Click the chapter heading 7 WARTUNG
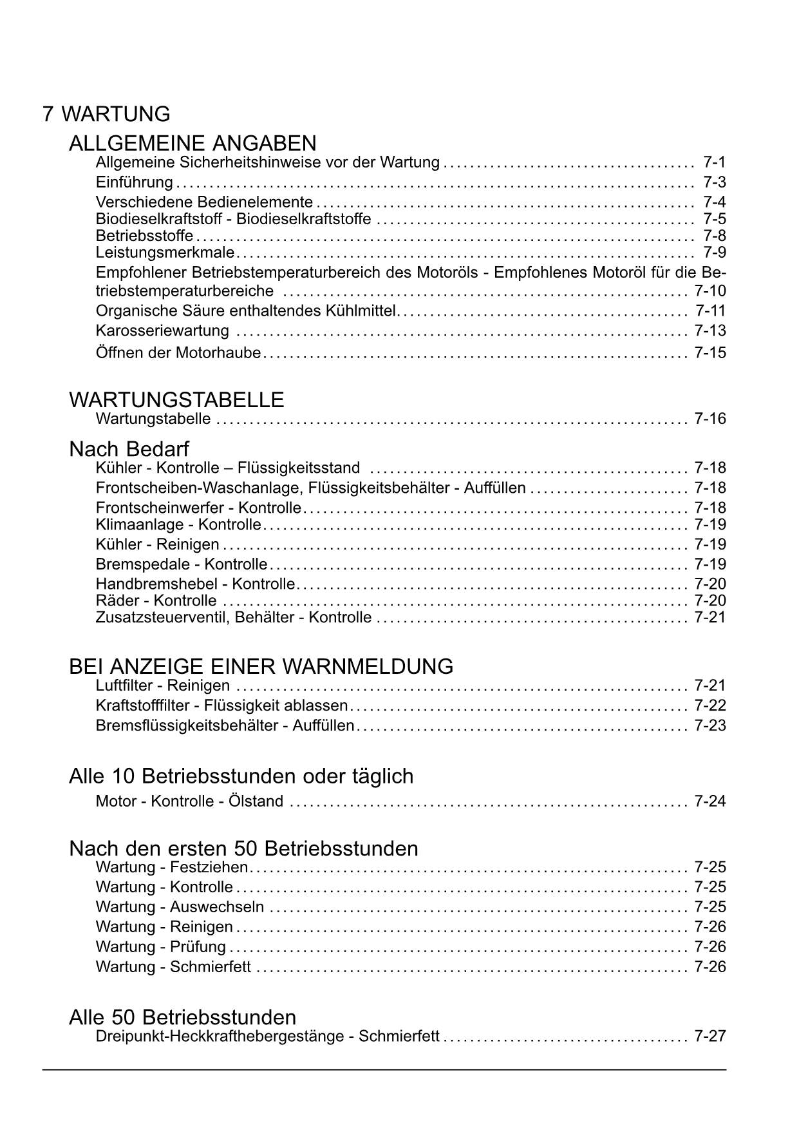coord(106,114)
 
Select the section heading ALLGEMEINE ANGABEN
coord(193,143)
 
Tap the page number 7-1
coord(714,162)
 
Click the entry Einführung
coord(134,182)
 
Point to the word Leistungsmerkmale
coord(165,252)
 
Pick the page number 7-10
coord(710,291)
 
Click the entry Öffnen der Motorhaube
coord(178,353)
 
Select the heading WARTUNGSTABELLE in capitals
coord(176,400)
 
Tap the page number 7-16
coord(710,419)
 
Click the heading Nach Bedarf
coord(129,448)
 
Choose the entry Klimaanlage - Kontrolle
coord(178,524)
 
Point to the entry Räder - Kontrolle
coord(156,601)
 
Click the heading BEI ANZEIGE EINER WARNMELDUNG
coord(261,666)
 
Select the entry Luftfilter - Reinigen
coord(162,685)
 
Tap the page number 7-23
coord(710,726)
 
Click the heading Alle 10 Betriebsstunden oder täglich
coord(241,776)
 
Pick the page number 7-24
coord(710,801)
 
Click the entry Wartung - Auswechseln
coord(180,907)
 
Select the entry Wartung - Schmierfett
coord(173,967)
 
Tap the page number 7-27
coord(710,1037)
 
